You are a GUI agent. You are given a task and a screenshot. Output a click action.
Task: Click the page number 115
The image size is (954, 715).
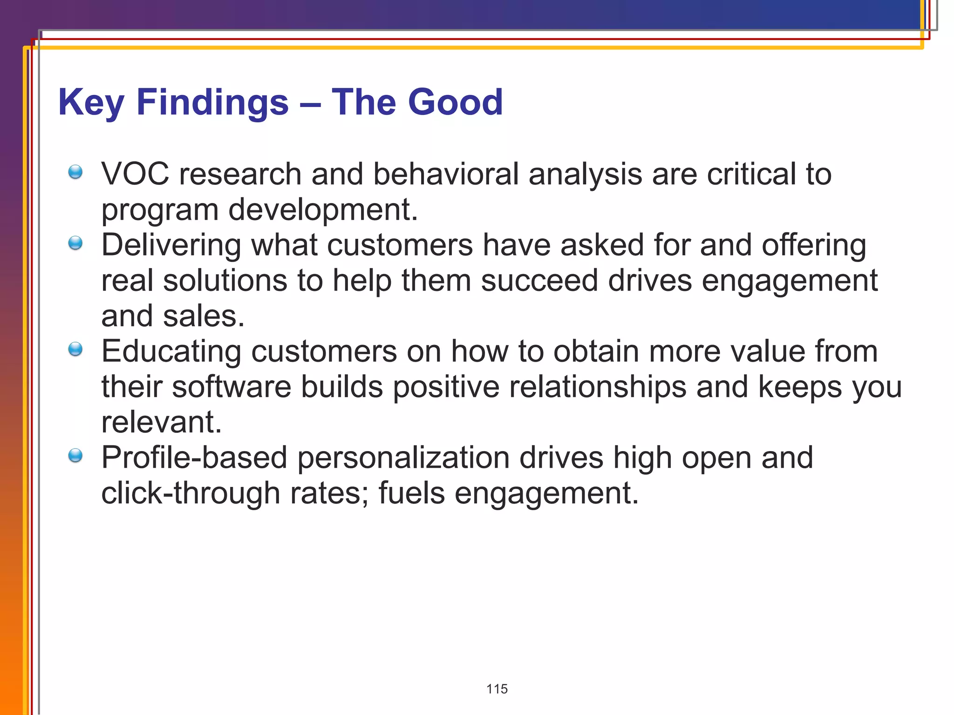(497, 689)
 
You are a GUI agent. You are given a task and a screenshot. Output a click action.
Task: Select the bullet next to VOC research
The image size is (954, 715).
(75, 172)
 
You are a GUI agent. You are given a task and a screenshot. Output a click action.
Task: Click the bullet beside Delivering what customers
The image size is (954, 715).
(75, 243)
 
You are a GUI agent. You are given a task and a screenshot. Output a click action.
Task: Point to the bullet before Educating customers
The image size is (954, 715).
(75, 349)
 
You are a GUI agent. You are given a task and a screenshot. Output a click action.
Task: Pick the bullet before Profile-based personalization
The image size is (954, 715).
(75, 455)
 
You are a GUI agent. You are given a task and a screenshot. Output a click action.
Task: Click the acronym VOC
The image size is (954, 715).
(135, 174)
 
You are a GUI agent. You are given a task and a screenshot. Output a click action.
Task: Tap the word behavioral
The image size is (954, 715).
(445, 174)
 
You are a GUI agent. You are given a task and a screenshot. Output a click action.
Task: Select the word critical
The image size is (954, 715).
(751, 174)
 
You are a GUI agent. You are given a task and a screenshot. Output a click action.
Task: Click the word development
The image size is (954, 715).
(322, 209)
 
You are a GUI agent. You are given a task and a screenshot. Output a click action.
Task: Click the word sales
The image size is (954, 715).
(203, 316)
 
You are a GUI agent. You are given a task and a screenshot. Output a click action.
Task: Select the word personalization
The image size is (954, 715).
(403, 458)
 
